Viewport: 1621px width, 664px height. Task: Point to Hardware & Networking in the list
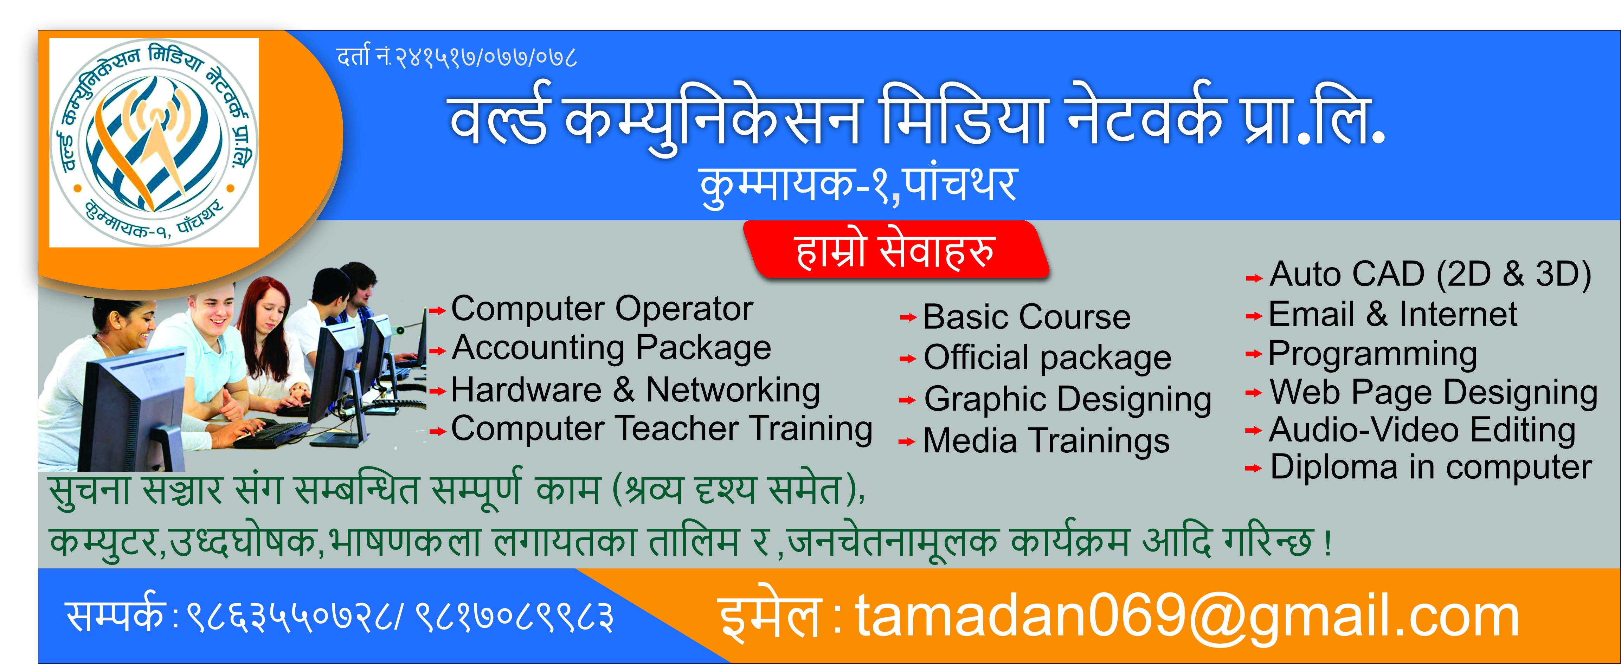(x=636, y=389)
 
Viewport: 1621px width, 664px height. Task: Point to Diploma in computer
(x=1430, y=467)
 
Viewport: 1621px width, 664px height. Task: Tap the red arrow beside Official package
(x=907, y=359)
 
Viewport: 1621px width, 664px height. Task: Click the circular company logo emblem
(x=154, y=142)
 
